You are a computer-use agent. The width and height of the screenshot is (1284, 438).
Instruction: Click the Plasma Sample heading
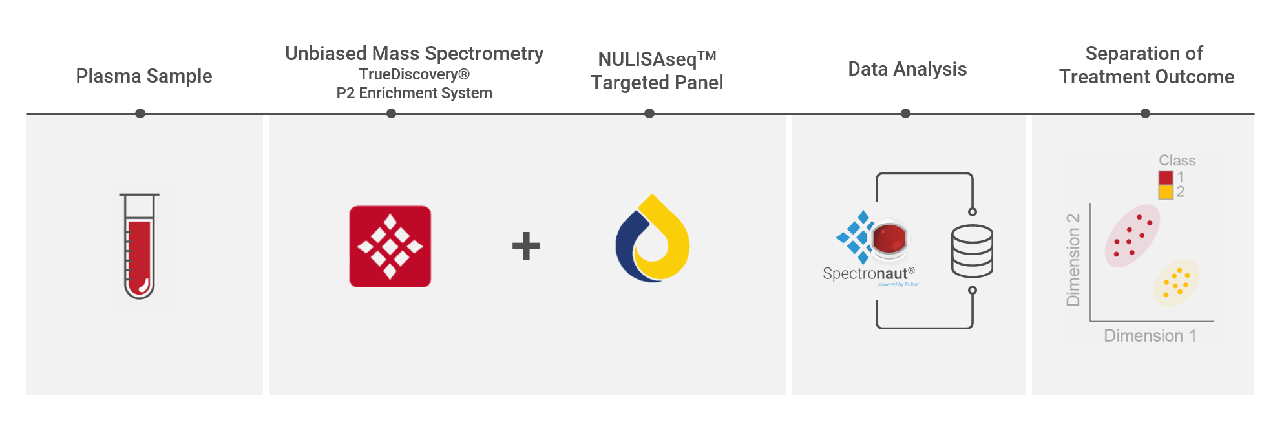(144, 76)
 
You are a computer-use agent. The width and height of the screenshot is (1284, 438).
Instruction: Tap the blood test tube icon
(140, 245)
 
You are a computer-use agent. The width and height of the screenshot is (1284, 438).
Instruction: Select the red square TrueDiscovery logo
(390, 246)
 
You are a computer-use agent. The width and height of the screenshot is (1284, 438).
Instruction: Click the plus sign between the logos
(526, 246)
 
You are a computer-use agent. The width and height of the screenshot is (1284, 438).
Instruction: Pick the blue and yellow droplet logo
(653, 238)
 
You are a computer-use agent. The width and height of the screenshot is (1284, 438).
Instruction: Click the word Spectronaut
(865, 274)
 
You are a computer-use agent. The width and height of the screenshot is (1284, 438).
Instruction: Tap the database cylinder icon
(972, 251)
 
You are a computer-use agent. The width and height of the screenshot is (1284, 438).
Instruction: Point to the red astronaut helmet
(889, 237)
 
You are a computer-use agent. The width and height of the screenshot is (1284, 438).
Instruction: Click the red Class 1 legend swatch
(1166, 178)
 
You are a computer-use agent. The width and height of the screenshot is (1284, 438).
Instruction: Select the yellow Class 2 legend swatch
(1166, 192)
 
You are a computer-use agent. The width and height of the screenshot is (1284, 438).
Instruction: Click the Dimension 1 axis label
(1150, 336)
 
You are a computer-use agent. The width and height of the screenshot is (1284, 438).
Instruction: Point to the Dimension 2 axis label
(1073, 260)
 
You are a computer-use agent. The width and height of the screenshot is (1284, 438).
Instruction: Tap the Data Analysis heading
(907, 69)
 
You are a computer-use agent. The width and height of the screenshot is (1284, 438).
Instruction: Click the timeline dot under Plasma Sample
(140, 114)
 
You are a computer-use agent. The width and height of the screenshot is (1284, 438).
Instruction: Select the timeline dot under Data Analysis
(905, 114)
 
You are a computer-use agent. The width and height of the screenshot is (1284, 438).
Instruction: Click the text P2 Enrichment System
(414, 93)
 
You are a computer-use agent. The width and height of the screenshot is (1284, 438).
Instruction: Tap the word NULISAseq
(647, 59)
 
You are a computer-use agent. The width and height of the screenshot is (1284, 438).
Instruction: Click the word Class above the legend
(1177, 160)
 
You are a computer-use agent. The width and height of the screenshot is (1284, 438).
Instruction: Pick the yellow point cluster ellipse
(1176, 283)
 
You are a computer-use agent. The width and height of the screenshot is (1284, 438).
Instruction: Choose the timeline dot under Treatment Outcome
(1145, 114)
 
